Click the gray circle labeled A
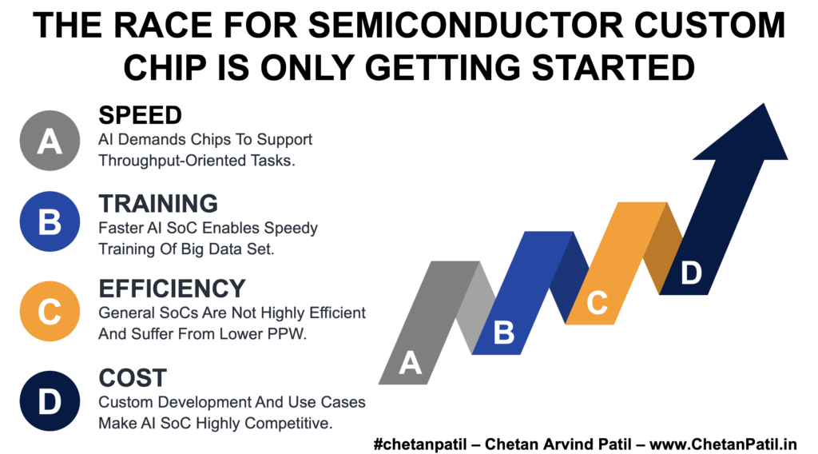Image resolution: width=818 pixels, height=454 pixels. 50,141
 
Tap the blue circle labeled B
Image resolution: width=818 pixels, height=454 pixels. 50,221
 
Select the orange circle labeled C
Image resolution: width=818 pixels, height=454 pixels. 50,311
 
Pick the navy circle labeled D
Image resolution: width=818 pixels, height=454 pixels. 50,400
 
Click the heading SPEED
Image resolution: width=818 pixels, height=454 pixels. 140,115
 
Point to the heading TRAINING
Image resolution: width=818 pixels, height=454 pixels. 158,204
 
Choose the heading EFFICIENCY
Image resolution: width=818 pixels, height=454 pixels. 173,289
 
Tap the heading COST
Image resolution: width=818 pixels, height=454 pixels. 133,378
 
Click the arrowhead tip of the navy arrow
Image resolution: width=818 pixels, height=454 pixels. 764,103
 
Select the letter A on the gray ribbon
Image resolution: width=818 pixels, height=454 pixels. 410,363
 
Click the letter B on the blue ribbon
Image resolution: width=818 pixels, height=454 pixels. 504,333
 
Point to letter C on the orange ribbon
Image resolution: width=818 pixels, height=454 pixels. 597,303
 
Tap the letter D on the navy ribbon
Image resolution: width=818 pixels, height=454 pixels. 691,273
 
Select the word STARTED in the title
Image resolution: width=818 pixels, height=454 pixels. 613,68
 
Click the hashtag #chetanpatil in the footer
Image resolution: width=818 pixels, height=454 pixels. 420,444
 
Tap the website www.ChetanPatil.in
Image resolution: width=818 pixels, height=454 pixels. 723,444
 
